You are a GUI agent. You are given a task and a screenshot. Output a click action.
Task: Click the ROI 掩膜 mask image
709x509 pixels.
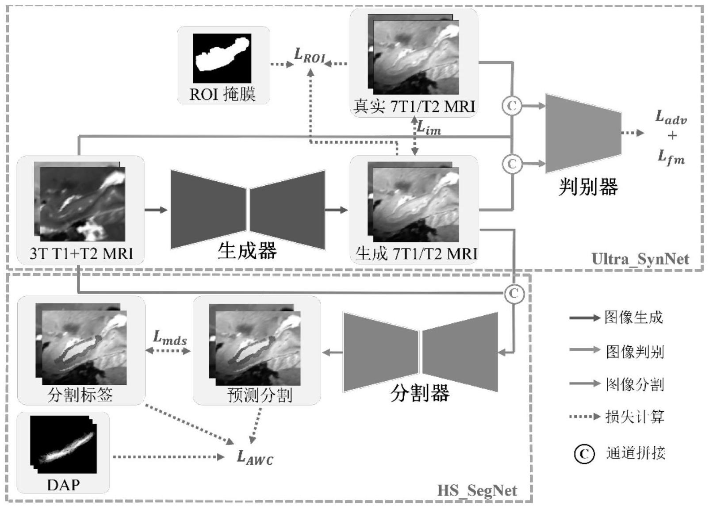point(222,58)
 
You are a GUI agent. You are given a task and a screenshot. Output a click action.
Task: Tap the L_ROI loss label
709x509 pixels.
point(309,56)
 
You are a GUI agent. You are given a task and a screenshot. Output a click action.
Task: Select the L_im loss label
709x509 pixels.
point(429,128)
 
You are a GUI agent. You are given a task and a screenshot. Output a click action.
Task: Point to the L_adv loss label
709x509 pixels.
point(671,118)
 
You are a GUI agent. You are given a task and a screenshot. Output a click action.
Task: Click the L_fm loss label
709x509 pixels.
point(671,156)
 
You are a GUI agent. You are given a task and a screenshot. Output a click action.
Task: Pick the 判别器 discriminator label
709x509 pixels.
point(588,187)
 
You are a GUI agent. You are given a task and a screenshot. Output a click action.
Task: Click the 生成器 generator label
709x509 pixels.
point(247,251)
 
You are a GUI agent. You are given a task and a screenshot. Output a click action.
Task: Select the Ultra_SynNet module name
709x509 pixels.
point(640,259)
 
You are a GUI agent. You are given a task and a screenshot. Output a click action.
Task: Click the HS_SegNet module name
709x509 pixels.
point(477,490)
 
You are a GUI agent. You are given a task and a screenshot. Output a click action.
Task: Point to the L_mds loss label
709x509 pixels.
point(169,338)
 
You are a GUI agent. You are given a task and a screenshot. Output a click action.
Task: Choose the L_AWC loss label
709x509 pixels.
point(255,457)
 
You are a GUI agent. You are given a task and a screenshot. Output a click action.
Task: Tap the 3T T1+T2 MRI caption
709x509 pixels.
point(81,253)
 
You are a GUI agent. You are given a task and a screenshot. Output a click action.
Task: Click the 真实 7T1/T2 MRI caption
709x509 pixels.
point(414,107)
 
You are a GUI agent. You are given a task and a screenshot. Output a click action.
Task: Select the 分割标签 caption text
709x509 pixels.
point(80,394)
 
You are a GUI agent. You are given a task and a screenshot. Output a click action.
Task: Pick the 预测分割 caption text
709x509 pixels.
point(260,394)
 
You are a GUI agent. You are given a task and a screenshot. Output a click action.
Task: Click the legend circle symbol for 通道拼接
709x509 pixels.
point(584,454)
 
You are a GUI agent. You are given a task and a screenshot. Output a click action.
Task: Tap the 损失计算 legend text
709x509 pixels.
point(635,417)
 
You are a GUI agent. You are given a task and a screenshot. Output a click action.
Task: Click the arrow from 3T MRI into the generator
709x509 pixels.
point(156,210)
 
